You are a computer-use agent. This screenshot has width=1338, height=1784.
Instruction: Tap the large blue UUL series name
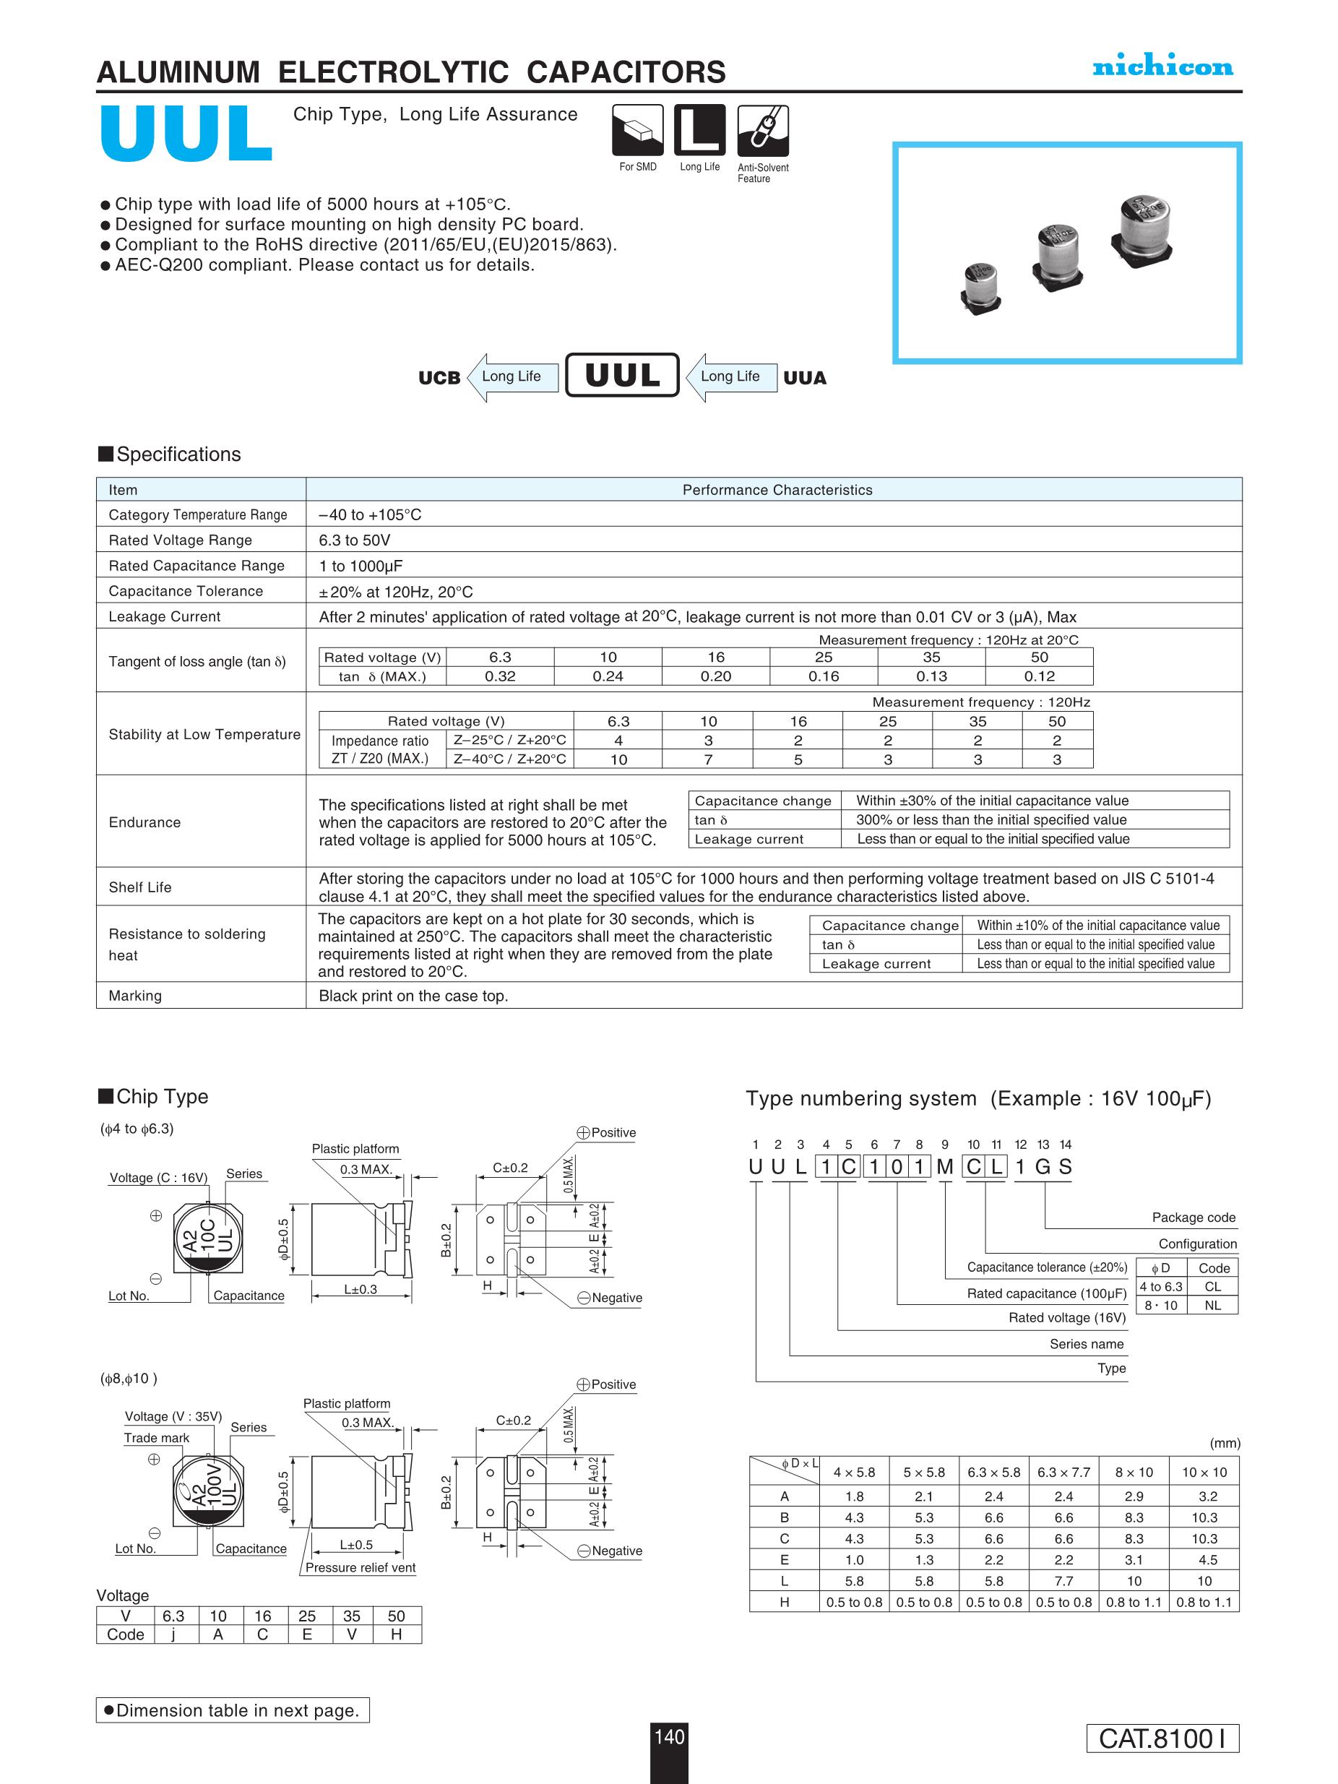click(x=186, y=133)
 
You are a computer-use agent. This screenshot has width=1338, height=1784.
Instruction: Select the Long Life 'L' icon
click(x=699, y=130)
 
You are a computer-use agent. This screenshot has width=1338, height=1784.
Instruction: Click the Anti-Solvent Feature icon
click(x=763, y=130)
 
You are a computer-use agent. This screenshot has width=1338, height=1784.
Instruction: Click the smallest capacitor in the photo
click(x=980, y=286)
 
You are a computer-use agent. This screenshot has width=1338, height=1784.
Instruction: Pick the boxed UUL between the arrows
click(x=622, y=375)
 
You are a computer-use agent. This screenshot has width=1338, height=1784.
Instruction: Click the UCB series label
click(x=439, y=377)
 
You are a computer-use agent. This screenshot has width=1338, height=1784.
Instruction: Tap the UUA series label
click(x=804, y=377)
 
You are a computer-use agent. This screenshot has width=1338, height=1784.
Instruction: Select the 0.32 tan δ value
click(x=500, y=676)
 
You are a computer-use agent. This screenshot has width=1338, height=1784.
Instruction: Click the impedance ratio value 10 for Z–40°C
click(x=618, y=759)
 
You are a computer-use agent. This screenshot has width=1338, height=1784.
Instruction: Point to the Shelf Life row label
click(x=140, y=887)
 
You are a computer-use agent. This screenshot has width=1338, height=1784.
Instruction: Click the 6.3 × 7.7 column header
click(x=1063, y=1472)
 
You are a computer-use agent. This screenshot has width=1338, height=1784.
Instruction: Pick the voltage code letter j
click(x=173, y=1634)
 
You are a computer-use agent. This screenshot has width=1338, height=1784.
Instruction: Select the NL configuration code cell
click(x=1212, y=1305)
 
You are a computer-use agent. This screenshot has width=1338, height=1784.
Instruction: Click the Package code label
click(x=1193, y=1217)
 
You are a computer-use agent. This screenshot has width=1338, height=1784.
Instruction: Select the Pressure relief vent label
click(x=361, y=1567)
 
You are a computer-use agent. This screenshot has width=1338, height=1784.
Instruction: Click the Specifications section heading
click(x=178, y=454)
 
